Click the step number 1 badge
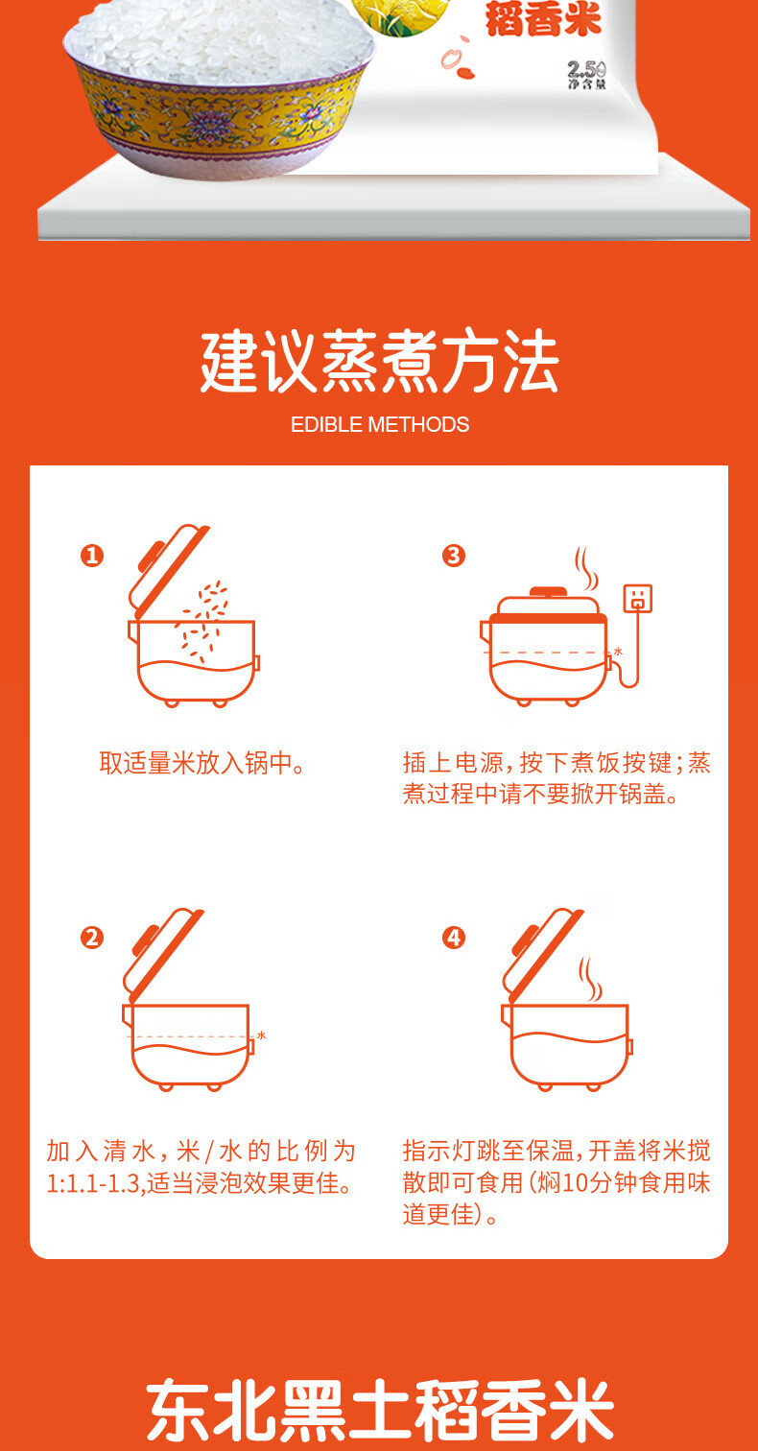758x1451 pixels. coord(92,555)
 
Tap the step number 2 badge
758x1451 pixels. coord(92,938)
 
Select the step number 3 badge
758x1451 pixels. coord(454,555)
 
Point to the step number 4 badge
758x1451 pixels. coord(454,938)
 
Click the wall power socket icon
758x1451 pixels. coord(637,598)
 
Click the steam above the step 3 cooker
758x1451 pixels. coord(585,568)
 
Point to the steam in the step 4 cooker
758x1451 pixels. coord(589,979)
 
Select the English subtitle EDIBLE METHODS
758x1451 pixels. coord(380,424)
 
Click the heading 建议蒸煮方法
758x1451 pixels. coord(379,360)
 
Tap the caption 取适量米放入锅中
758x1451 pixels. coord(201,762)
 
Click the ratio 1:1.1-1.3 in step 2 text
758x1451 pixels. coord(93,1183)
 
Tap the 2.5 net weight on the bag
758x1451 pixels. coord(586,69)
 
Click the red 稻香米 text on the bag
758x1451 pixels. coord(543,19)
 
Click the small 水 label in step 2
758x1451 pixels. coord(261,1035)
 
